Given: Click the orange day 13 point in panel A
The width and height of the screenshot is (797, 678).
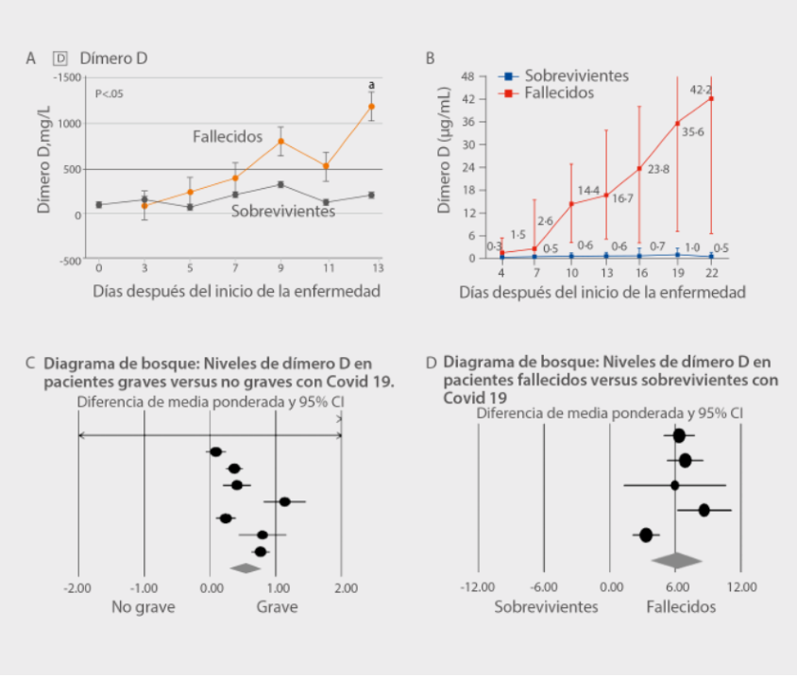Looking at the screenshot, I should coord(371,106).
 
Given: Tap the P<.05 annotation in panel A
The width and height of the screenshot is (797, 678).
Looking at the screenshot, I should coord(110,93).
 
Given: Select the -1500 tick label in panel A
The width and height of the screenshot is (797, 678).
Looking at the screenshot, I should coord(67,76).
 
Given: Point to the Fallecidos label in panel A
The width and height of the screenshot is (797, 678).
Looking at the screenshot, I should coord(227,136).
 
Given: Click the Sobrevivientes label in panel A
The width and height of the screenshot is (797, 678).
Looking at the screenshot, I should coord(283,212).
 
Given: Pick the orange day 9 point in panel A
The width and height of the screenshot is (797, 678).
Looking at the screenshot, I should coord(280,142).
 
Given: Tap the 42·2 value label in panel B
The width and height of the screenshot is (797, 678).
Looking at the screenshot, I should coord(701,90).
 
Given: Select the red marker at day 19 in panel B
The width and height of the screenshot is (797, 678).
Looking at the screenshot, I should coord(677,123).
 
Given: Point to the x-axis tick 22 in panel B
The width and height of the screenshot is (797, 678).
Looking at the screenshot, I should coord(711,273).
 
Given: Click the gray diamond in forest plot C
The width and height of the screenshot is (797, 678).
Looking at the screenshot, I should coord(246,568).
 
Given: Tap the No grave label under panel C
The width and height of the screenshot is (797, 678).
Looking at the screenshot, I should coord(144,606).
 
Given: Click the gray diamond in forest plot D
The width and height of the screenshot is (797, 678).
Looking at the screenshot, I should coord(677,560).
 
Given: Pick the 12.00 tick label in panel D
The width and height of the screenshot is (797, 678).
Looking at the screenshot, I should coord(741,587).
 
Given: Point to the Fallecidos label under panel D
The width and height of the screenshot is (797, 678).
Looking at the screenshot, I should coord(681,606).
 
